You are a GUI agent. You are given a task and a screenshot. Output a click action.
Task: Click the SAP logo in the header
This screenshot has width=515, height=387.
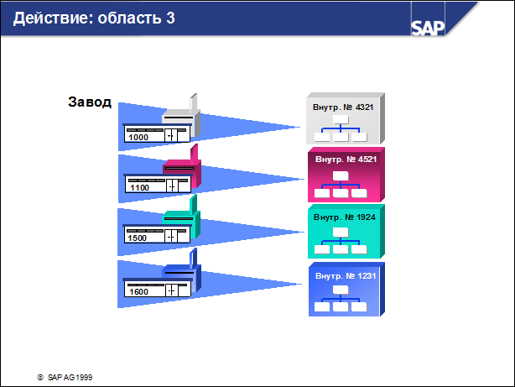[x=428, y=28]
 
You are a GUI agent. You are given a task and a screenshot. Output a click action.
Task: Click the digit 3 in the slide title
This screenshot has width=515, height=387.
[x=170, y=18]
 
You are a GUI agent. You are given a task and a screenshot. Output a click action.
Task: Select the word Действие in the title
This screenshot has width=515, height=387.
[x=51, y=18]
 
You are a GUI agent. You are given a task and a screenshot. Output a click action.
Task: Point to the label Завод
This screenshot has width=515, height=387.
[x=90, y=102]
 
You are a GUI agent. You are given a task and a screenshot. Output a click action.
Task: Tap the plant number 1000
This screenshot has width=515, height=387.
[x=138, y=137]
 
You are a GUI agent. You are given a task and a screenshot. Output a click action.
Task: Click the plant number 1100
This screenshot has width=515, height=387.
[x=139, y=187]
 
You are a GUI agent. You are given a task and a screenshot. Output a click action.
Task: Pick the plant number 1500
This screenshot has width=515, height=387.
[x=137, y=238]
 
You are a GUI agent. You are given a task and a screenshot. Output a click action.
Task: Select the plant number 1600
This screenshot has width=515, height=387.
[x=138, y=291]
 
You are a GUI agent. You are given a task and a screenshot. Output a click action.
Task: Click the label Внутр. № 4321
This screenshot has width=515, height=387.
[x=343, y=107]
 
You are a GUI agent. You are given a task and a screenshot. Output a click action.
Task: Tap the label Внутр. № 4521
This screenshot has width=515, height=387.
[x=346, y=160]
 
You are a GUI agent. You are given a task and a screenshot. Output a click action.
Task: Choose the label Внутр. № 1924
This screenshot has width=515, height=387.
[x=344, y=217]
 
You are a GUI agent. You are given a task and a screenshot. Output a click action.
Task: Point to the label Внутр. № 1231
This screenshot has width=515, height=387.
[x=346, y=276]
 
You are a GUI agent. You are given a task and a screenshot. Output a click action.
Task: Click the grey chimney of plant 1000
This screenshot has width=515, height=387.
[x=194, y=103]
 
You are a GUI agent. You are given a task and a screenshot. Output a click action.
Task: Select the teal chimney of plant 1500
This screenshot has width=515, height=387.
[x=194, y=204]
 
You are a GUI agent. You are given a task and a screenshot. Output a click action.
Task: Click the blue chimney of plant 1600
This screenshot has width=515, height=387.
[x=194, y=259]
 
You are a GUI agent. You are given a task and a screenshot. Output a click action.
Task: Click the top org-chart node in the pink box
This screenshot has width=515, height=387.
[x=341, y=176]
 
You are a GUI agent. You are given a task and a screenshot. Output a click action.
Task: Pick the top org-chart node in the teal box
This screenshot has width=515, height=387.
[x=341, y=233]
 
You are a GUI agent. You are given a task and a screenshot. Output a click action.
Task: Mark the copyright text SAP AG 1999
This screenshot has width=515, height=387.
[x=70, y=378]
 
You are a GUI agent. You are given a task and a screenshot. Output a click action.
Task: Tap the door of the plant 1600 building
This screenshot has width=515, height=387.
[x=172, y=290]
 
